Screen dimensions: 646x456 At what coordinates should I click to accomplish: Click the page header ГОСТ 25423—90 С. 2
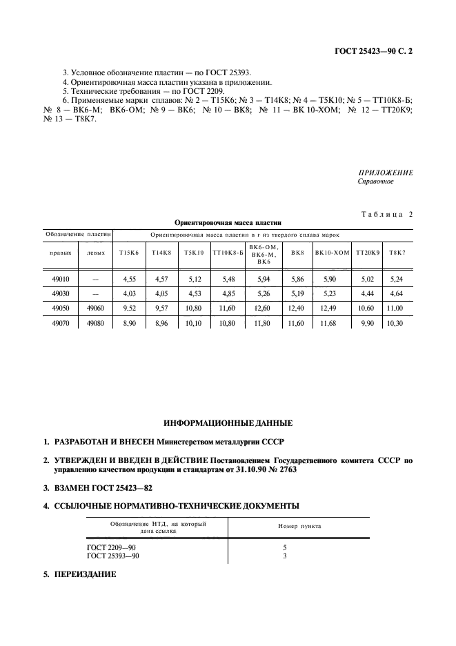click(375, 51)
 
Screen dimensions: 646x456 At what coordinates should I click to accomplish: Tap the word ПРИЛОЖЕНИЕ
click(385, 173)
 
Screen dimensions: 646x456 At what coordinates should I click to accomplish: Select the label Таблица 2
click(386, 215)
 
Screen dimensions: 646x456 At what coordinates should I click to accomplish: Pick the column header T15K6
click(128, 253)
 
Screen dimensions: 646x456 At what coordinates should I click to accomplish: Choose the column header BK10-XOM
click(333, 253)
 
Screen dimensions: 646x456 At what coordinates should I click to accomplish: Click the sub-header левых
click(97, 253)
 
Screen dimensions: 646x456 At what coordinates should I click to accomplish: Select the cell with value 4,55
click(129, 280)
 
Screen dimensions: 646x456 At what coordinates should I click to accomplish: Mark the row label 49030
click(61, 293)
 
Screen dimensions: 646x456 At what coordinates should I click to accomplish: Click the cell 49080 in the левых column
click(97, 322)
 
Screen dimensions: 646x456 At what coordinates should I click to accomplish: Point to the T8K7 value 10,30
click(396, 322)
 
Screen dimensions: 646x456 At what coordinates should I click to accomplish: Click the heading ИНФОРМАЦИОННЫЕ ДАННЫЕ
click(228, 422)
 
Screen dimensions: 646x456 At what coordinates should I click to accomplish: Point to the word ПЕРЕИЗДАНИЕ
click(86, 574)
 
